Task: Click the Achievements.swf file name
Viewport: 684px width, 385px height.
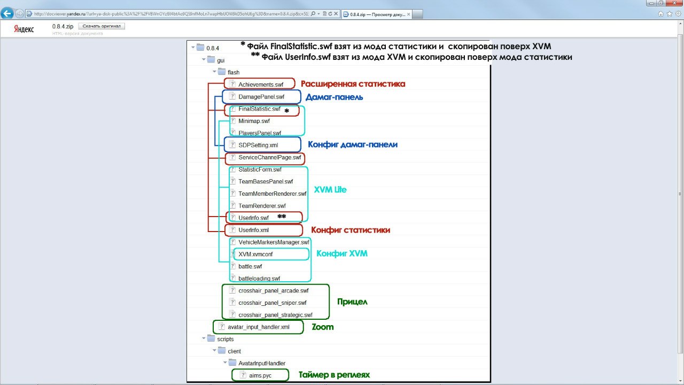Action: (261, 84)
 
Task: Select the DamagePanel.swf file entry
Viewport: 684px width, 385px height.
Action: (261, 97)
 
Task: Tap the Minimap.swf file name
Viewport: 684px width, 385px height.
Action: (254, 121)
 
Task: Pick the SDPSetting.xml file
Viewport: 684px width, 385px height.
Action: (258, 145)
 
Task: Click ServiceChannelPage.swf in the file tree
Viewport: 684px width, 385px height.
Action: (270, 158)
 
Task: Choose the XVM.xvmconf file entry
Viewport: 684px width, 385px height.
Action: (255, 255)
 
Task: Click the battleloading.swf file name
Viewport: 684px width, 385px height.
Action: (259, 279)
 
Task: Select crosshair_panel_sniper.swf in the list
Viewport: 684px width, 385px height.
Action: (272, 303)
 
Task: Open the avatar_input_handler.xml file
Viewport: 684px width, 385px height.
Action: (258, 327)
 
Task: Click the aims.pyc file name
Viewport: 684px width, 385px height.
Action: (260, 375)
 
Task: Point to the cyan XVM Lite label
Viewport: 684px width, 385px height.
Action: (330, 190)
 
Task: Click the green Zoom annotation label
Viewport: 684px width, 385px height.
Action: (323, 327)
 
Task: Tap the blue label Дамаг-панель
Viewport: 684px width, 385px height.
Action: (335, 97)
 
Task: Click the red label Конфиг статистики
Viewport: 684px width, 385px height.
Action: (351, 230)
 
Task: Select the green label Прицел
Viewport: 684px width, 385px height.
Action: (352, 302)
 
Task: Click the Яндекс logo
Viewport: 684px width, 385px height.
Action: (24, 29)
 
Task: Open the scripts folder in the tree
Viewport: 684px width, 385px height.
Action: (225, 339)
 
